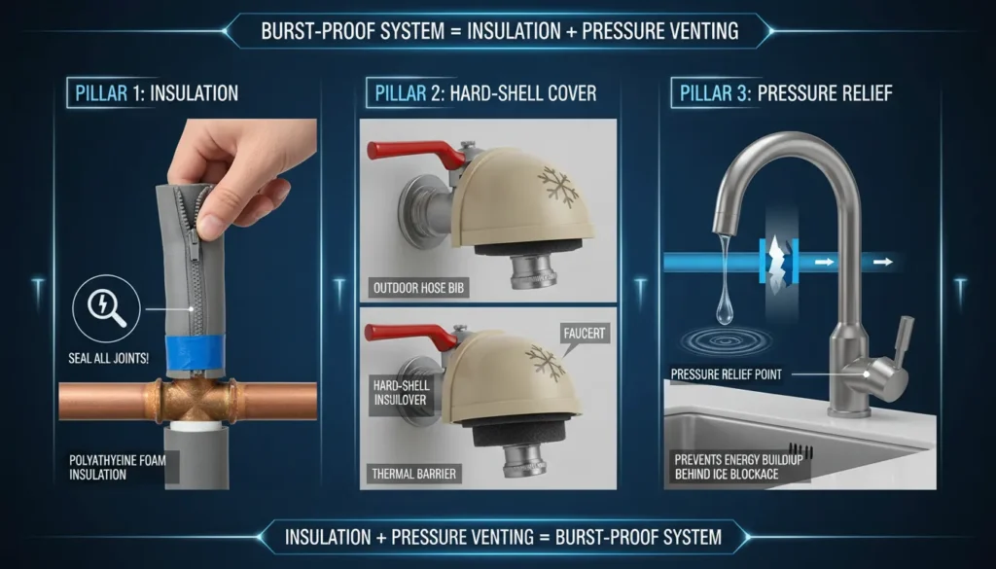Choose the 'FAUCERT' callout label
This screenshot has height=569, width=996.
585,333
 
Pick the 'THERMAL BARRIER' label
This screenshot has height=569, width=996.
414,474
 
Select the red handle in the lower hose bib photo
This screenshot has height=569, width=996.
412,335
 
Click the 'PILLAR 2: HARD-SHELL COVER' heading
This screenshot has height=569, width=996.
480,93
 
